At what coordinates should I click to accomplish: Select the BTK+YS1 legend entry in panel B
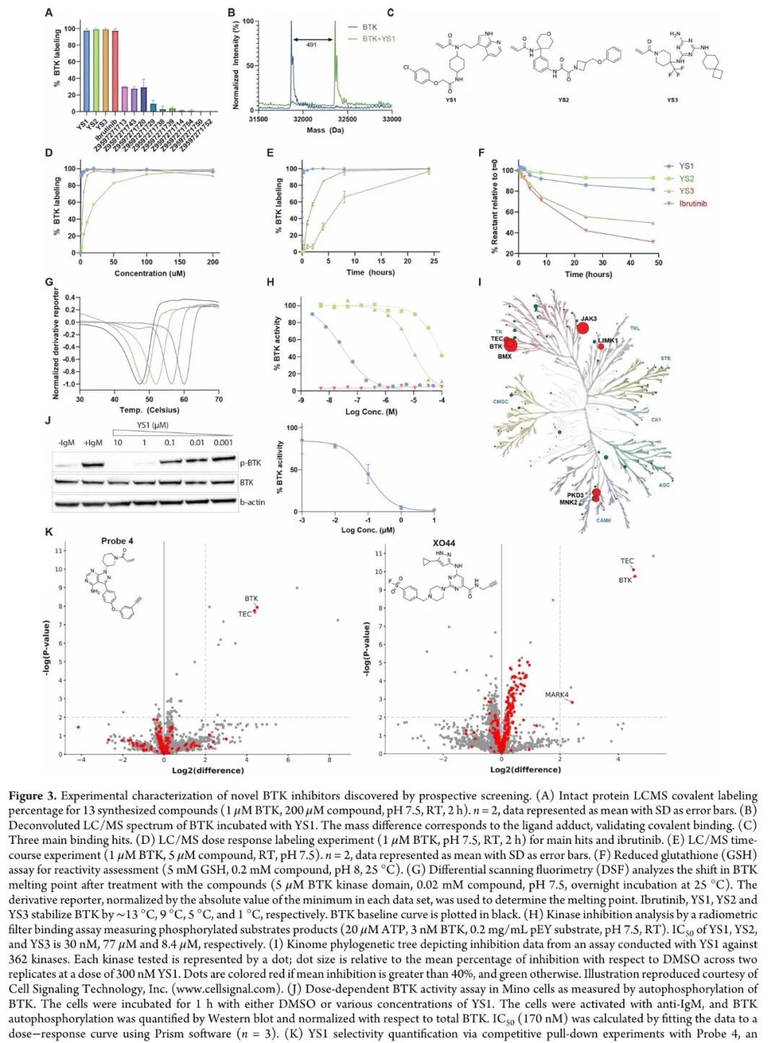pos(378,39)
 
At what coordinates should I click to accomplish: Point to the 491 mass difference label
pos(312,45)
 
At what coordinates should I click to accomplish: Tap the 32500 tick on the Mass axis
pos(347,120)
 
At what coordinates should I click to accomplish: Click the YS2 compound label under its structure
pos(563,100)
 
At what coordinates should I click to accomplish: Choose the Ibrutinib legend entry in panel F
pos(692,204)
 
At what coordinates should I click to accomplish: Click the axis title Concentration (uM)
pos(149,274)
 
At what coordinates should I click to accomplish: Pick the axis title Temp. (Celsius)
pos(149,410)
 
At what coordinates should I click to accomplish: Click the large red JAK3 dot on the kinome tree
pos(583,328)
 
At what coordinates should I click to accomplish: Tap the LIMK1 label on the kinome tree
pos(608,341)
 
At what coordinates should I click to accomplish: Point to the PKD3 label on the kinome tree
pos(575,495)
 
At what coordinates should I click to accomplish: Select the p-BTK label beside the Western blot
pos(250,463)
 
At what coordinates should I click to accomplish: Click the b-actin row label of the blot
pos(252,502)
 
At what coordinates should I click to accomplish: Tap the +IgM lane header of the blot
pos(93,442)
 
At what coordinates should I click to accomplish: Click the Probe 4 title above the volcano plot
pos(117,541)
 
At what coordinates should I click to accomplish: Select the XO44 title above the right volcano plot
pos(444,543)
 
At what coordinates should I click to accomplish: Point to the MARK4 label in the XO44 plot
pos(556,694)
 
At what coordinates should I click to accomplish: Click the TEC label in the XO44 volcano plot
pos(627,561)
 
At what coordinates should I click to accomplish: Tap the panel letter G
pos(49,282)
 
